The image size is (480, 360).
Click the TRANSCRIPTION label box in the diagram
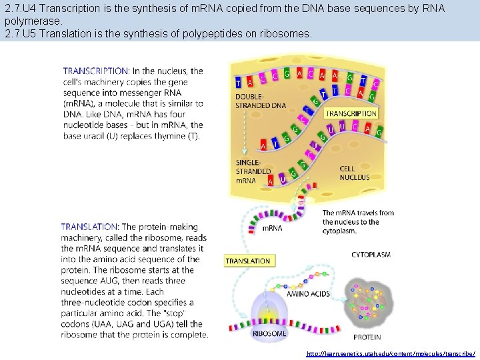coord(351,113)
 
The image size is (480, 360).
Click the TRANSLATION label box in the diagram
coord(248,261)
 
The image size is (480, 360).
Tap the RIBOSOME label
coord(269,333)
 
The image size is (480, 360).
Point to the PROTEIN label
coord(367,338)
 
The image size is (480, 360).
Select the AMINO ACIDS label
coord(308,294)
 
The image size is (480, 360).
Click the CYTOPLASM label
coord(371,255)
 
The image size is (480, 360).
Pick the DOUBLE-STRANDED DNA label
coord(261,101)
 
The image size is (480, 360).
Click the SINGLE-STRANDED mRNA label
coord(254,171)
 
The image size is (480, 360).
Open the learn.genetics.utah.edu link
coord(391,353)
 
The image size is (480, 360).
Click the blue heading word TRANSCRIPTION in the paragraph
coord(96,71)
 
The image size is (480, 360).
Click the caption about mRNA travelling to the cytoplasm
coord(358,222)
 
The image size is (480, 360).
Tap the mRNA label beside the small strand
coord(271,228)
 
